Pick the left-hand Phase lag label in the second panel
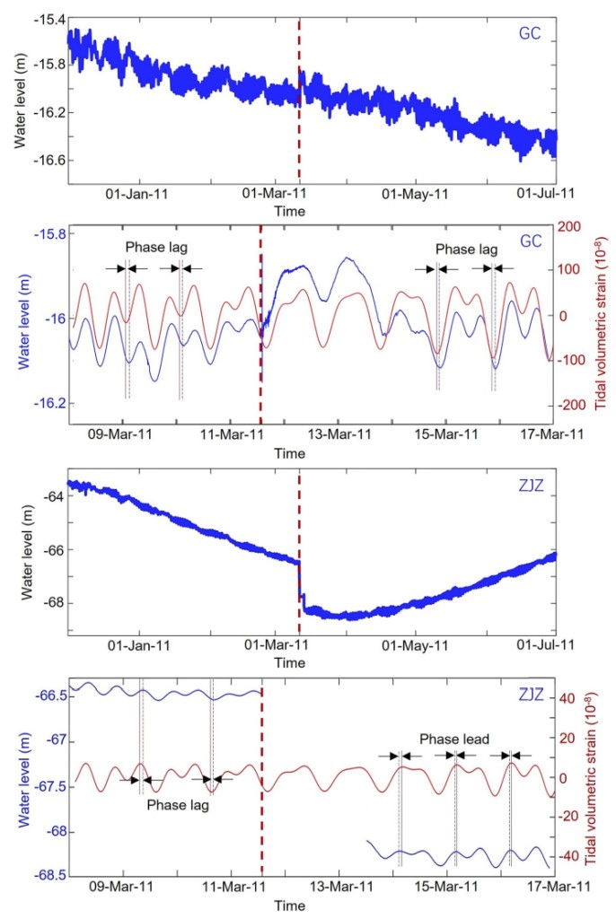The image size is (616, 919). pos(154,247)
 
